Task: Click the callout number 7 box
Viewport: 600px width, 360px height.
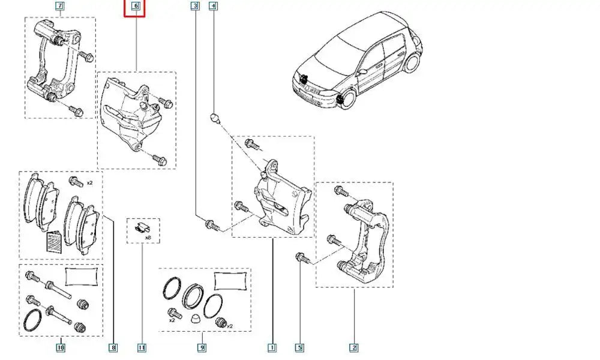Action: [59, 7]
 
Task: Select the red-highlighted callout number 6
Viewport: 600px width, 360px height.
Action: [135, 8]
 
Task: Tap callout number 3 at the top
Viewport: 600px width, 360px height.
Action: [195, 7]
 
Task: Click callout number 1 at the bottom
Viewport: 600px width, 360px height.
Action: [272, 347]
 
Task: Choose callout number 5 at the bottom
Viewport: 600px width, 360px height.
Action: [299, 347]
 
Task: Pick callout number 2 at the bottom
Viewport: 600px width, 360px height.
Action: [354, 347]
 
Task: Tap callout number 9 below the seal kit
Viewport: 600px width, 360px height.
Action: [202, 347]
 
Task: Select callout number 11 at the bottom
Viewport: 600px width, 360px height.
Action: [142, 347]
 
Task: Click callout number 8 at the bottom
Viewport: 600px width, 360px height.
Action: [113, 347]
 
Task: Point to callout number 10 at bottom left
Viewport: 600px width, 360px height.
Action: [60, 347]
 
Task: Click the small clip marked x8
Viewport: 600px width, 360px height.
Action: [141, 227]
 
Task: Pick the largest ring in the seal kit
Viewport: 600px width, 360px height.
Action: [193, 295]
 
